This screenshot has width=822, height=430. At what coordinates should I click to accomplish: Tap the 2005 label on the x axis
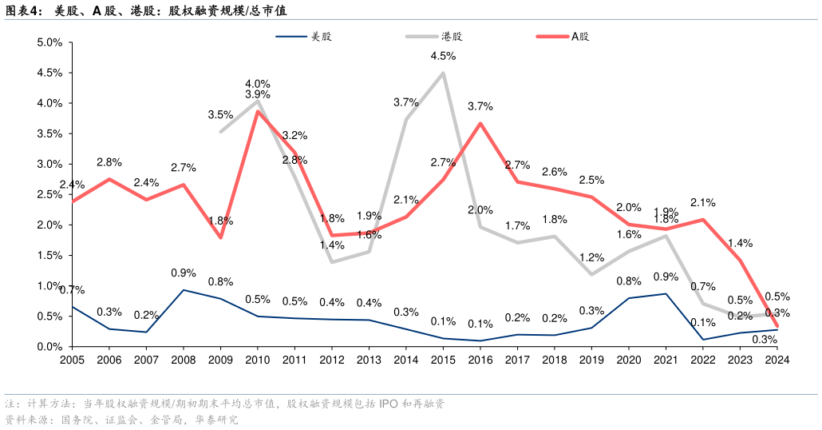[x=72, y=360]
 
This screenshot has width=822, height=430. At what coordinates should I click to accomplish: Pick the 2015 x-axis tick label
[x=443, y=360]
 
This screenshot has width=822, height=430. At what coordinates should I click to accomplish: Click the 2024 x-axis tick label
[x=777, y=360]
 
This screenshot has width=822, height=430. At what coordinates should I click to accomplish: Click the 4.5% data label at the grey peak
[x=443, y=56]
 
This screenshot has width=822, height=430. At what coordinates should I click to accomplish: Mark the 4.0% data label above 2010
[x=258, y=83]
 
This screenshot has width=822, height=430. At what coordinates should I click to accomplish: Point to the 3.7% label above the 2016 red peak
[x=480, y=106]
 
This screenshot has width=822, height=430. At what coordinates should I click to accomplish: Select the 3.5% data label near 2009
[x=220, y=114]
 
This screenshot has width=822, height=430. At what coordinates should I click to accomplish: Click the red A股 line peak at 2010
[x=257, y=111]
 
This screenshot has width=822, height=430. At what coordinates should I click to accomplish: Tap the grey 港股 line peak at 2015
[x=443, y=73]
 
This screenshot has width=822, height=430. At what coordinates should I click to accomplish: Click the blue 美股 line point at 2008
[x=184, y=290]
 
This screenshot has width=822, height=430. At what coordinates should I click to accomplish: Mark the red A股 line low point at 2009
[x=220, y=237]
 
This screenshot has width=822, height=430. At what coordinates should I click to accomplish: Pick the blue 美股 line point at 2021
[x=666, y=293]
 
